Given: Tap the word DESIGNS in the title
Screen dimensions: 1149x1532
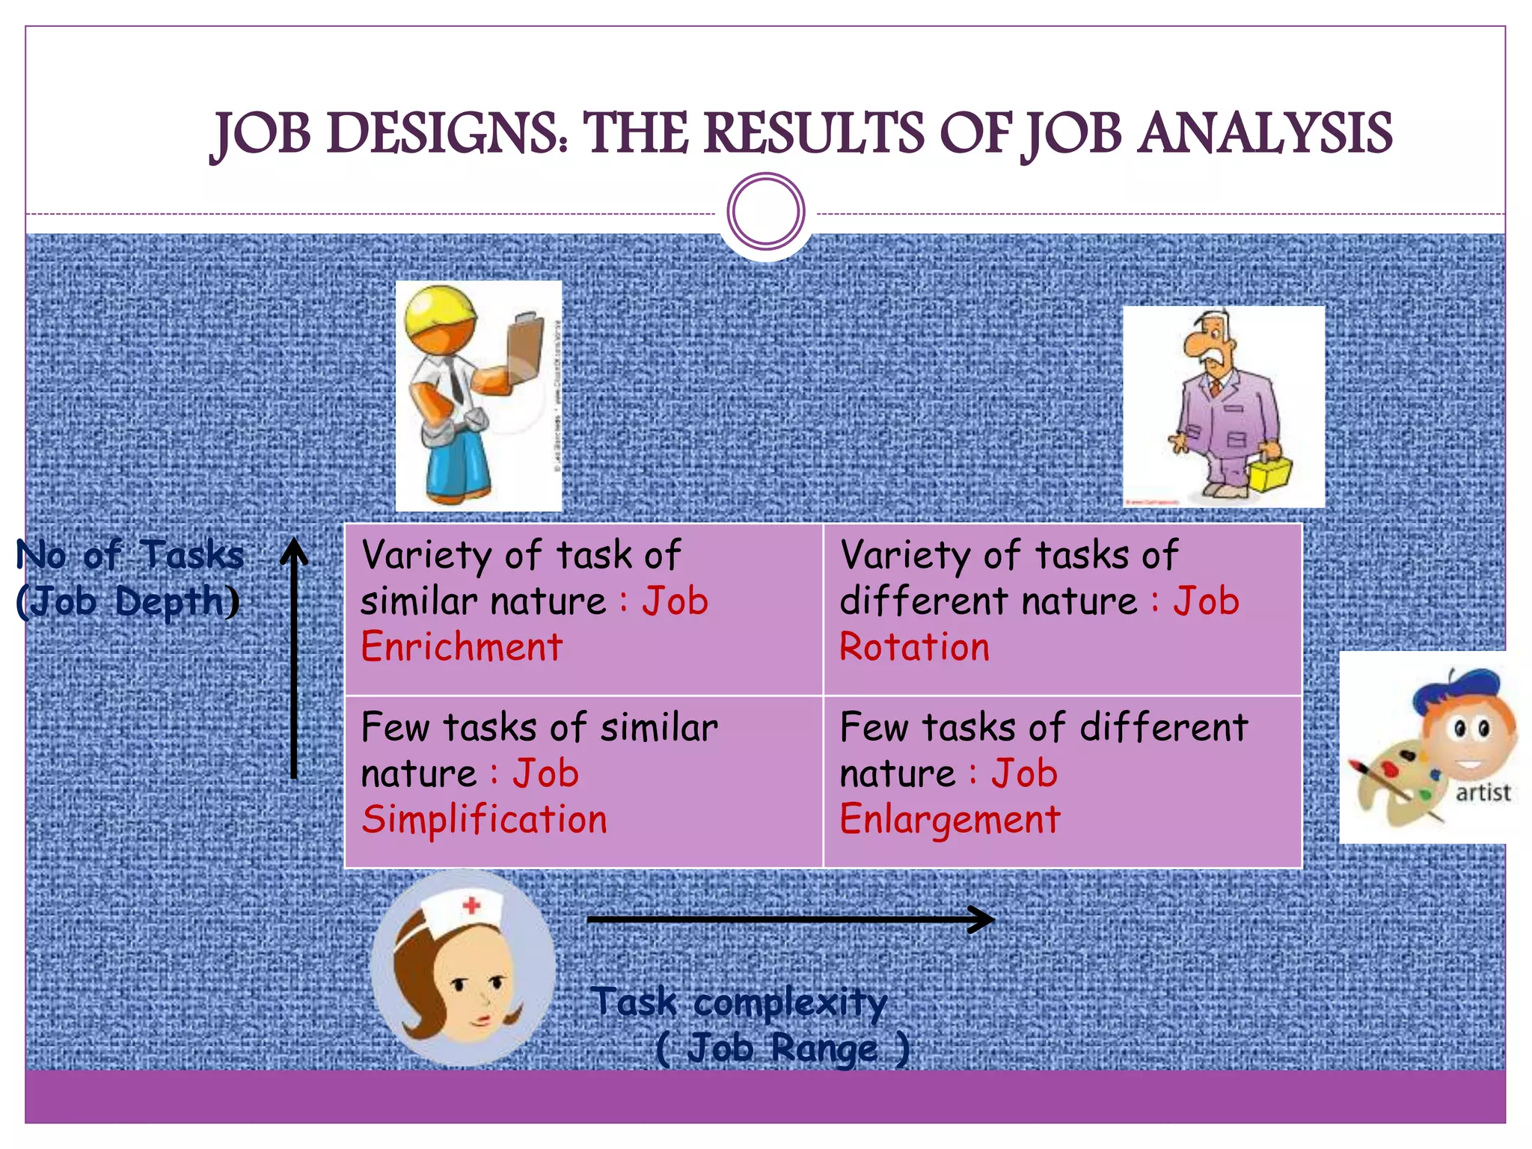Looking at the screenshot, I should (447, 135).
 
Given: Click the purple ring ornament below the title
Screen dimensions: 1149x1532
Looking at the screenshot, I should (766, 212).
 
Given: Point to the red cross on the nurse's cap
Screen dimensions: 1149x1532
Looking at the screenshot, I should (471, 906).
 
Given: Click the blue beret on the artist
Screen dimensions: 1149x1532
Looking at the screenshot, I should (1454, 688).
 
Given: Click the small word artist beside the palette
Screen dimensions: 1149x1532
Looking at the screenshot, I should (1483, 792).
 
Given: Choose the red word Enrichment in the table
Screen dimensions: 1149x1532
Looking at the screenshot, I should (462, 648).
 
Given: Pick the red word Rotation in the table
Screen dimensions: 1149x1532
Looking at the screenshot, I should (914, 648).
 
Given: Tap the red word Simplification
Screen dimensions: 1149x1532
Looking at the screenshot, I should (484, 820).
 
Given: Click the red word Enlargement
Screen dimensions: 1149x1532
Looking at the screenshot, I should (950, 820).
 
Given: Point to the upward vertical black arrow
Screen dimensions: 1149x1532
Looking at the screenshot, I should (294, 658).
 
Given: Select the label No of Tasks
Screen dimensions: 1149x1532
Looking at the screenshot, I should (130, 556).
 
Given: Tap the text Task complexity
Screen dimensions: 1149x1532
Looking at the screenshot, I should (738, 1002).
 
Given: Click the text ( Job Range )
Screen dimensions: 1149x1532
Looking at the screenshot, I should (782, 1048).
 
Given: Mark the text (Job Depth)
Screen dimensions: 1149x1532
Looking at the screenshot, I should (128, 602).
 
